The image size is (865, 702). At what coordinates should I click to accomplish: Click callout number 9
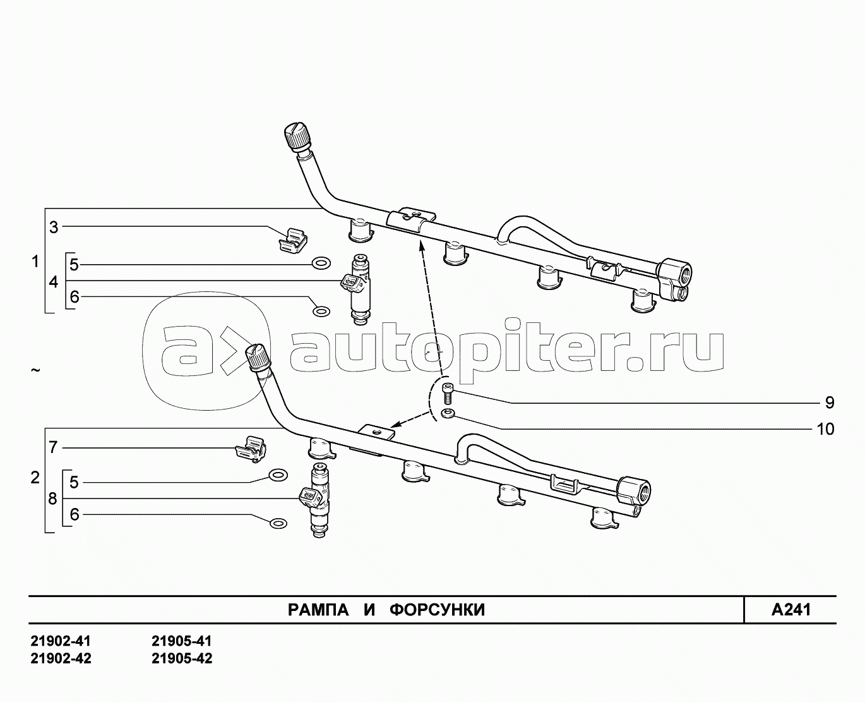point(830,402)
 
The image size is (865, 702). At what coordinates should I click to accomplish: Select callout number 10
point(825,429)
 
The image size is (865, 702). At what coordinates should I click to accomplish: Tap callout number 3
point(54,227)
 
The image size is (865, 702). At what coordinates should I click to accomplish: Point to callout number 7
point(54,447)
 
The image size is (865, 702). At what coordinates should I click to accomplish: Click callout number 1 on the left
point(35,262)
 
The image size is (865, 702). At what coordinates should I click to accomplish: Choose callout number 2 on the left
point(35,478)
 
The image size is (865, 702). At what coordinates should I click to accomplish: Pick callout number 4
point(54,281)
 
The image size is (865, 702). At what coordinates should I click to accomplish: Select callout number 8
point(52,499)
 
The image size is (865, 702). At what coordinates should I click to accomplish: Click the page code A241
point(791,610)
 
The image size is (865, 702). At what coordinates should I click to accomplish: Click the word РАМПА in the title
point(318,610)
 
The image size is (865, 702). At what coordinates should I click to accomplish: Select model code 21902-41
point(61,642)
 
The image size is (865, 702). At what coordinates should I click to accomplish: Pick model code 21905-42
point(182,658)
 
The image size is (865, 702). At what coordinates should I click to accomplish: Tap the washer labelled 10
point(447,413)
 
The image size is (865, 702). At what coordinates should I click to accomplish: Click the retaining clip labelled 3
point(293,239)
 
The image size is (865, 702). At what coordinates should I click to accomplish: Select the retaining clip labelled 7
point(251,448)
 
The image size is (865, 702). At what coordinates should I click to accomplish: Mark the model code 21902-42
point(61,658)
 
